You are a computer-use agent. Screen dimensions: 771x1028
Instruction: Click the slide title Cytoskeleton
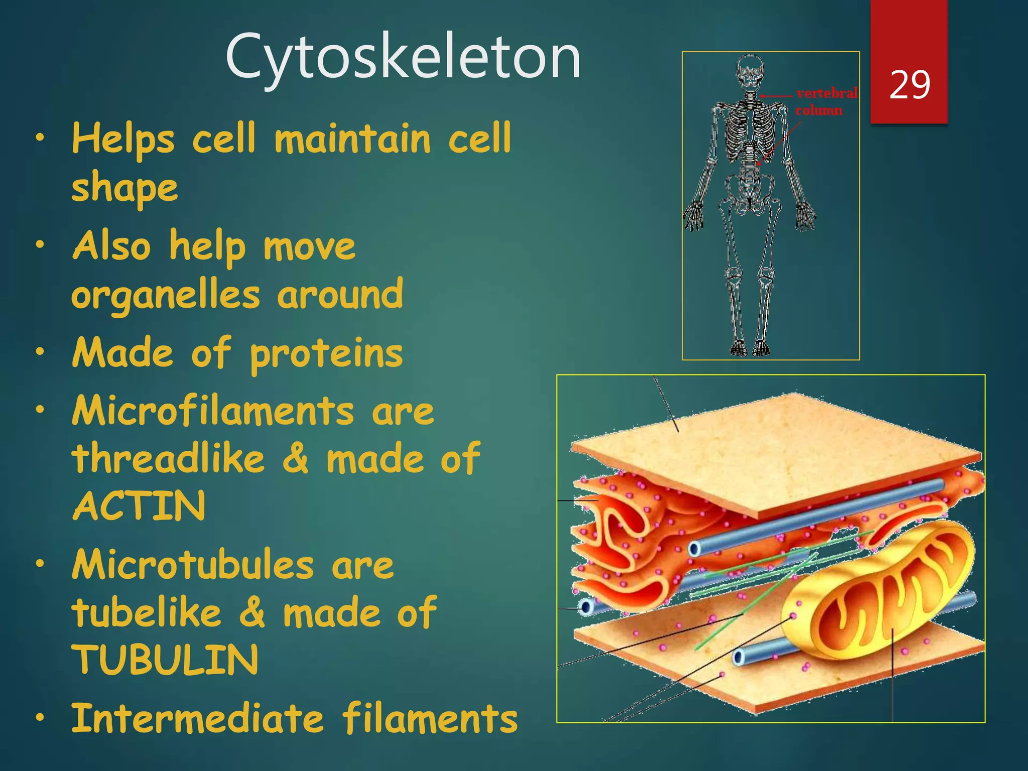click(403, 56)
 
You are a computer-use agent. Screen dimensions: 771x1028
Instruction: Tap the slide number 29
click(910, 85)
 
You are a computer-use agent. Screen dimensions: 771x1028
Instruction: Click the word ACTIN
click(140, 506)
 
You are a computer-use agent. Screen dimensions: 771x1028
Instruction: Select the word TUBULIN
click(166, 660)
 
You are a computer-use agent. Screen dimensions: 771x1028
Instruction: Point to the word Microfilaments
click(213, 411)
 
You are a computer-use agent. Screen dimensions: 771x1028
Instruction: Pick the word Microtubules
click(193, 565)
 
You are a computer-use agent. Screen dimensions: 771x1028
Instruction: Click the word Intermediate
click(198, 718)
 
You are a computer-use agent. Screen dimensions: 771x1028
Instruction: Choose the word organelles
click(166, 295)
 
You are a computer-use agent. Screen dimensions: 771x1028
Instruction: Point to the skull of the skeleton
click(749, 73)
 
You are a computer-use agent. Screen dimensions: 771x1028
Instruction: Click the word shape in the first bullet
click(124, 188)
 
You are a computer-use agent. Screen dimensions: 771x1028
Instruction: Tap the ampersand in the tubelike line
click(252, 612)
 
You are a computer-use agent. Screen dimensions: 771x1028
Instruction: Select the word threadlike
click(169, 458)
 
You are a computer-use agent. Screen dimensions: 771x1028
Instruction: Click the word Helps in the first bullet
click(123, 139)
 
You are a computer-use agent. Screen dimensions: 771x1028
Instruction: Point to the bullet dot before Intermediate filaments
click(40, 718)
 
